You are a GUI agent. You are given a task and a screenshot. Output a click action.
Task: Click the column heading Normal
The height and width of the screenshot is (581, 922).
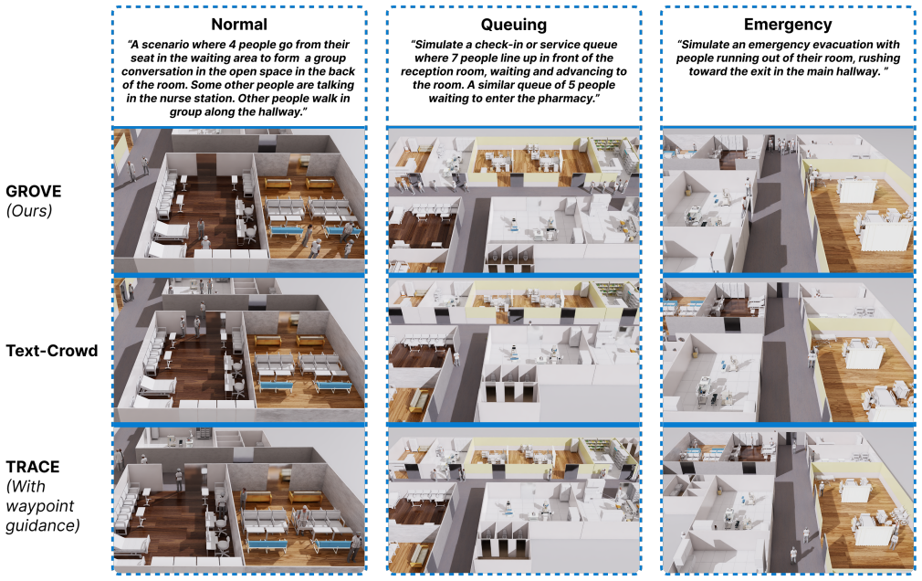(x=239, y=24)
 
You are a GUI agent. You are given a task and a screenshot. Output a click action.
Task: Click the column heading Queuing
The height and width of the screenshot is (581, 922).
(x=513, y=25)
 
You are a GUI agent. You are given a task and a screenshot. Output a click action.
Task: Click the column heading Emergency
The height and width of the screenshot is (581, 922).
(x=788, y=25)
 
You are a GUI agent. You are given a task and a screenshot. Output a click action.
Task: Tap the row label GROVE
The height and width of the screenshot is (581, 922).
(x=34, y=191)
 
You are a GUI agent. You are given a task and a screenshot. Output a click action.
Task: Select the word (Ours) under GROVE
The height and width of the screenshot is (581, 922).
(x=29, y=211)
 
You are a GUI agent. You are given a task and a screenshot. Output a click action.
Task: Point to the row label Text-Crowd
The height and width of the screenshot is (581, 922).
(x=52, y=351)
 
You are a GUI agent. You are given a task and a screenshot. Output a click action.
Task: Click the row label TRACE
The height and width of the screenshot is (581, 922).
(x=32, y=467)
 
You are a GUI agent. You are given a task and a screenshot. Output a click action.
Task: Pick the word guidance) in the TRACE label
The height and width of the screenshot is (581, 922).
(x=42, y=525)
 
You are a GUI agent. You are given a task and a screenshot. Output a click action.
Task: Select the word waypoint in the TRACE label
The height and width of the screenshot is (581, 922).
(x=40, y=506)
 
